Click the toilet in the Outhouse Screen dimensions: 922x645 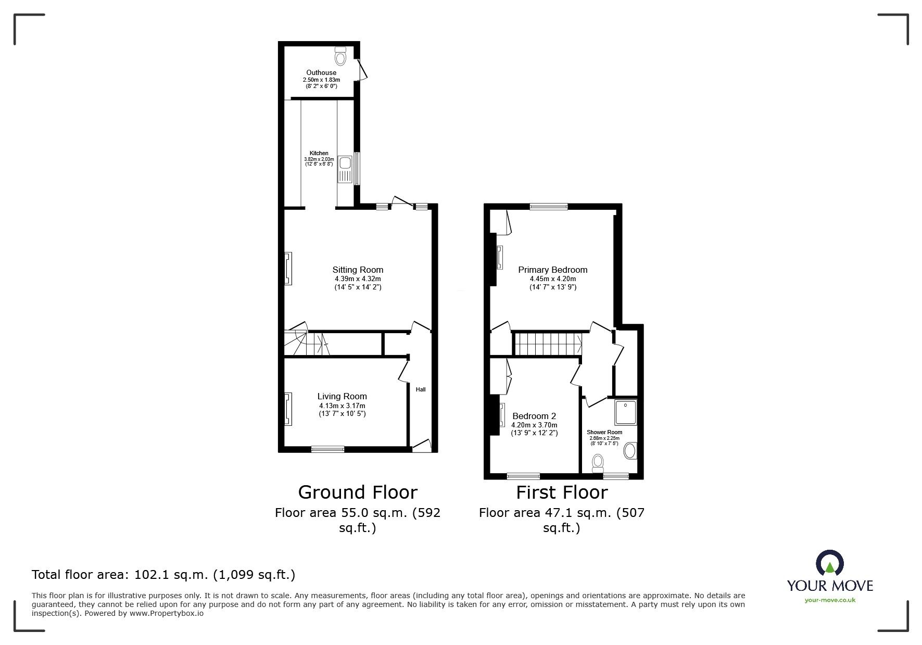pos(340,55)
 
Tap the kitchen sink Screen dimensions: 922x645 pos(346,169)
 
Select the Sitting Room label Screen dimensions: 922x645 pos(358,270)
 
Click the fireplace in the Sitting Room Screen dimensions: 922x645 pos(288,269)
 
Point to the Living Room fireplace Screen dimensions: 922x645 pos(288,410)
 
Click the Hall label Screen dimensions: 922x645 pos(421,389)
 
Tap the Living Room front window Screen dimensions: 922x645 pos(328,449)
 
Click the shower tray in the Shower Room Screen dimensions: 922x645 pos(625,412)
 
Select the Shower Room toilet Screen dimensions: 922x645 pos(598,462)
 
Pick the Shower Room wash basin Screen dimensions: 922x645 pos(630,451)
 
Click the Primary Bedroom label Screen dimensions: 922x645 pos(553,270)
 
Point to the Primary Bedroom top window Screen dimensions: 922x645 pos(549,207)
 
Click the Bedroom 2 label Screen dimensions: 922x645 pos(534,416)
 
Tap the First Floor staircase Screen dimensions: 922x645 pos(548,344)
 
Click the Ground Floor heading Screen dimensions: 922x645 pos(358,492)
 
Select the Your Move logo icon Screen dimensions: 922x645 pos(830,563)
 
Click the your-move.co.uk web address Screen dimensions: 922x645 pos(830,600)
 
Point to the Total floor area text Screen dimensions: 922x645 pos(163,575)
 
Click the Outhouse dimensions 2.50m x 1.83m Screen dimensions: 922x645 pos(321,80)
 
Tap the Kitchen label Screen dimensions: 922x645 pos(319,153)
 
